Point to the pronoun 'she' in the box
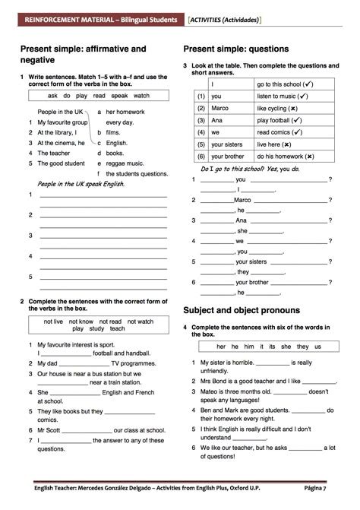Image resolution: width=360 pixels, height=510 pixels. (x=283, y=346)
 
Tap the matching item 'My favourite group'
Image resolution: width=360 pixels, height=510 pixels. (x=63, y=122)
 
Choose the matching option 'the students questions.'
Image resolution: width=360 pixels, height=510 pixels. (x=137, y=173)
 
